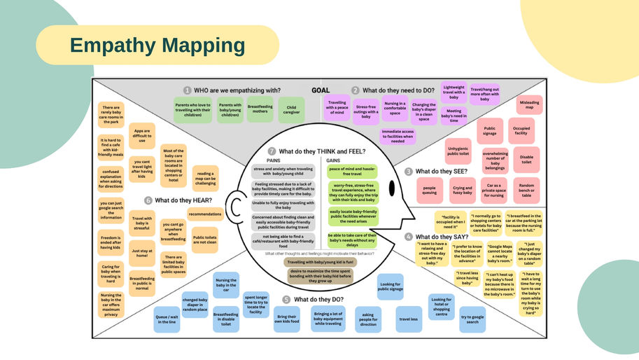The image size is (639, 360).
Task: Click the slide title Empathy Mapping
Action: click(157, 46)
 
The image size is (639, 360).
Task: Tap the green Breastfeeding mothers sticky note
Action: click(260, 109)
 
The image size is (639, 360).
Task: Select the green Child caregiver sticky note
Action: click(292, 109)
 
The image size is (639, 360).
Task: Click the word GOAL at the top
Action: click(321, 90)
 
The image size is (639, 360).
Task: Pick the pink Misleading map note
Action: click(529, 105)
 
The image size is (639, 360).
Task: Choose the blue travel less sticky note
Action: click(409, 319)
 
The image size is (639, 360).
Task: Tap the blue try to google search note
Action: click(473, 319)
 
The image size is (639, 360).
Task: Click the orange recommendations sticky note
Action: click(204, 214)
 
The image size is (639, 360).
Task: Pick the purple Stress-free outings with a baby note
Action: click(365, 111)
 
